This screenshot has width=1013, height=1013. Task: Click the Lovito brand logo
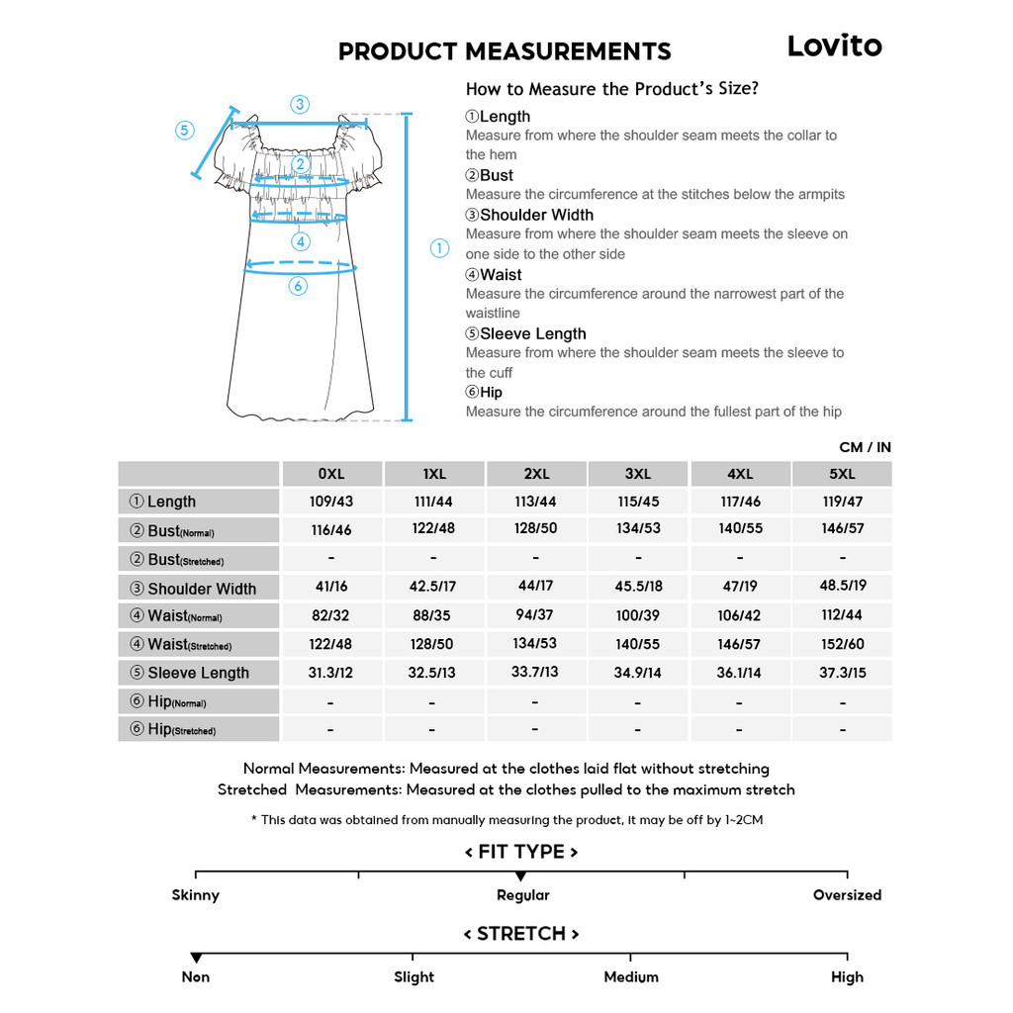[x=834, y=46]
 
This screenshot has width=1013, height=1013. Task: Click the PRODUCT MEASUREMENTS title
[x=505, y=51]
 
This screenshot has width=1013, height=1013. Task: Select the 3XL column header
[x=638, y=474]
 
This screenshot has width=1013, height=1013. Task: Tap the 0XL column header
[x=331, y=474]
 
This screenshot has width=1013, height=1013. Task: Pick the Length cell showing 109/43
[x=331, y=502]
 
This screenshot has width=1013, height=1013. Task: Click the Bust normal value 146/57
[x=842, y=528]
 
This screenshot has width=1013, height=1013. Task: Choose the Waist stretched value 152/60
[x=842, y=643]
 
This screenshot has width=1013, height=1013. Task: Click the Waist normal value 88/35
[x=432, y=614]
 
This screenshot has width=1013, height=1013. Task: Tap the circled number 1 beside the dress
[x=440, y=248]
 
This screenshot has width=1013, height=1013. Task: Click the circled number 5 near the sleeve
[x=185, y=130]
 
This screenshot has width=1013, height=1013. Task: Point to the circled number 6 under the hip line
[x=298, y=286]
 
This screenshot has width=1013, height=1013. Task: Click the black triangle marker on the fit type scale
[x=521, y=876]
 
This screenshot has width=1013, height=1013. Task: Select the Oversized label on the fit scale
[x=847, y=895]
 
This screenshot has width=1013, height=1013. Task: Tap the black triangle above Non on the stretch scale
[x=196, y=958]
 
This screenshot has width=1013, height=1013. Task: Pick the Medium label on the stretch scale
[x=631, y=977]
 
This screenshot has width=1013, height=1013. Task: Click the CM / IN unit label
[x=865, y=447]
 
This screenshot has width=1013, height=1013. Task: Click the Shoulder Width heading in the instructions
[x=536, y=215]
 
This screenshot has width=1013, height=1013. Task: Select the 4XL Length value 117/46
[x=740, y=502]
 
